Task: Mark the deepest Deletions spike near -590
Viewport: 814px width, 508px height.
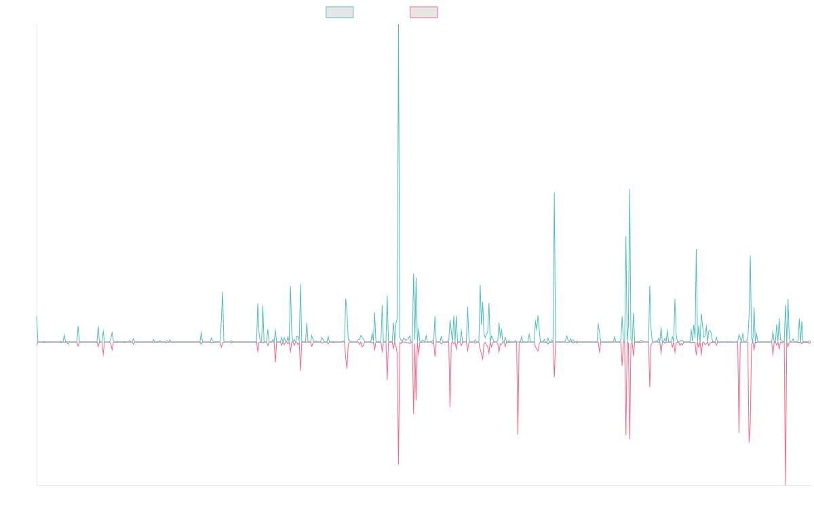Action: tap(786, 484)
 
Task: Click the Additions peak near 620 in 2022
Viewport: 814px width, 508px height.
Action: tap(554, 194)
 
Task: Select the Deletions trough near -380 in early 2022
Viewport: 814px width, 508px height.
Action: tap(518, 434)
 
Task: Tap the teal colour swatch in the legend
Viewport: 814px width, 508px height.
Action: tap(340, 12)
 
